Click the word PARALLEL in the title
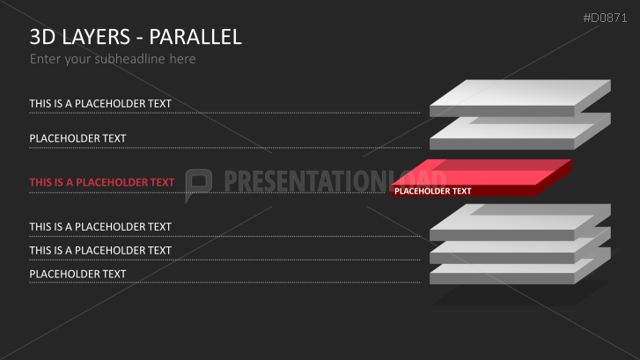tap(195, 37)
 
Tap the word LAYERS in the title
tap(96, 37)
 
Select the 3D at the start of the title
tap(42, 37)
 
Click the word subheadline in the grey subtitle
tap(129, 59)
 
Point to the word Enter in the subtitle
tap(45, 59)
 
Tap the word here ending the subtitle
tap(182, 59)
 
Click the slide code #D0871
tap(605, 18)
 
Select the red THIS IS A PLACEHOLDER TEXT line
tap(102, 182)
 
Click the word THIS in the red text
tap(40, 182)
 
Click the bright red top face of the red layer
tap(482, 173)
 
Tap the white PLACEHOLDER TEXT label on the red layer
tap(432, 191)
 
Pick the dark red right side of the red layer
tap(554, 180)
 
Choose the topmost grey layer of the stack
tap(520, 98)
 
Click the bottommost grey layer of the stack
tap(520, 271)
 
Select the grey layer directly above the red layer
tap(520, 133)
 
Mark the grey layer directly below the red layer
tap(520, 224)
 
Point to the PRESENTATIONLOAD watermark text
tap(335, 180)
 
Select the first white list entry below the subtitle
tap(100, 104)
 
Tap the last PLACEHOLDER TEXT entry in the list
tap(77, 275)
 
